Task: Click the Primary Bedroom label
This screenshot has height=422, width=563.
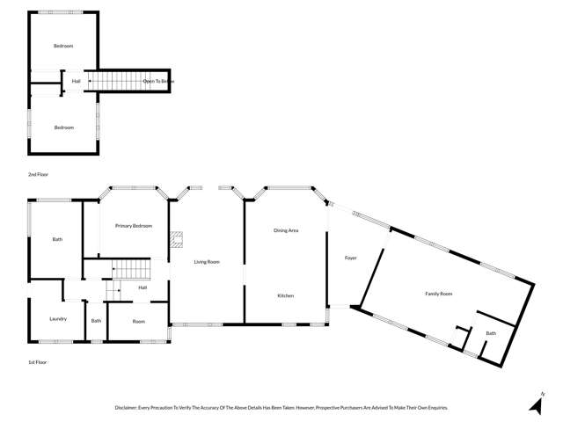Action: pos(134,226)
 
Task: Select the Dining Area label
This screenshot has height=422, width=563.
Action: pos(286,230)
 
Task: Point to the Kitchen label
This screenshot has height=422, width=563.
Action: pos(286,295)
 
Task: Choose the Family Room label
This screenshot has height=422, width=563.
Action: pos(438,293)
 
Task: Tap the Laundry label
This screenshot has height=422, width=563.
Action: pos(58,319)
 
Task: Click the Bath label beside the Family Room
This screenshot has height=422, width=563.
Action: pos(491,333)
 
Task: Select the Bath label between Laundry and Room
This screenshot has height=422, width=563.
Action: pos(96,321)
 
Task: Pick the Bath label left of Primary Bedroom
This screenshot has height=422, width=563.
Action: pos(57,239)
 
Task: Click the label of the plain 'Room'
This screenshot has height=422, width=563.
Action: pos(138,321)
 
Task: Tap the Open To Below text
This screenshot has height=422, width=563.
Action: pos(158,81)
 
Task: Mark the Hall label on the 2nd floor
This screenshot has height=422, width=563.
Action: pos(77,81)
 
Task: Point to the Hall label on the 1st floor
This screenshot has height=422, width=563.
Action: pos(143,287)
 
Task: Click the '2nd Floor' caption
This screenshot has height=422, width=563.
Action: pos(38,175)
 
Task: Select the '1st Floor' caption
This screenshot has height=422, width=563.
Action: pos(37,361)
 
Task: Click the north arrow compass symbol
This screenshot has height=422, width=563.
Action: pos(535,403)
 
